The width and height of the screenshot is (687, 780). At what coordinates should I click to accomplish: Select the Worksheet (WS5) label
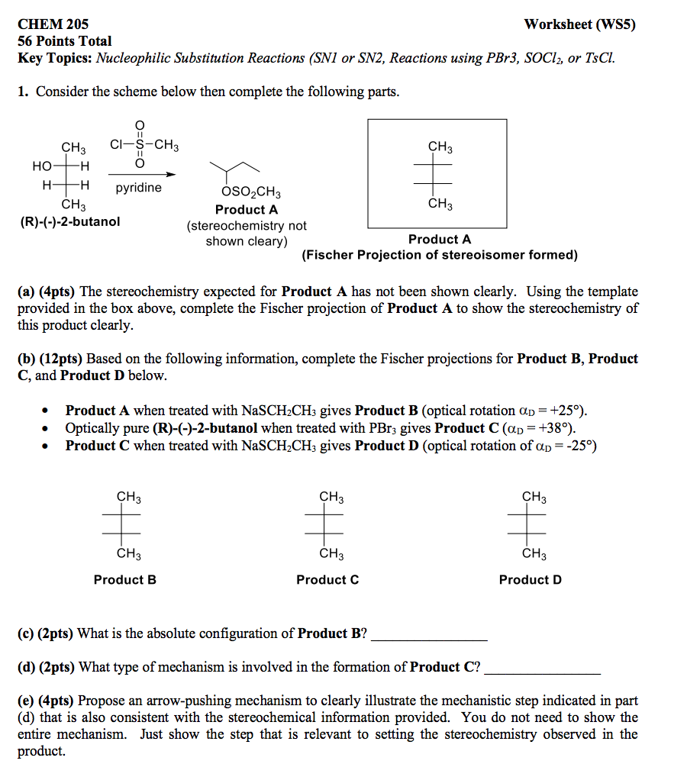click(x=579, y=24)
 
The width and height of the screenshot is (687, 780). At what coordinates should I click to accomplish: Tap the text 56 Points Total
click(x=65, y=41)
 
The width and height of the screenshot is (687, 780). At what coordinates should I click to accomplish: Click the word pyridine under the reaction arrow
click(x=138, y=188)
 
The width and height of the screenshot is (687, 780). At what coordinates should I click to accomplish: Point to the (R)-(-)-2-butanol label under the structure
click(x=70, y=222)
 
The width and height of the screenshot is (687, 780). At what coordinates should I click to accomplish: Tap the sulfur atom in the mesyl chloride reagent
click(x=139, y=144)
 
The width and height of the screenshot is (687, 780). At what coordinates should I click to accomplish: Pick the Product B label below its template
click(x=125, y=580)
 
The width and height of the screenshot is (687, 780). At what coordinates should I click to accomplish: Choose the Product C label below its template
click(x=327, y=580)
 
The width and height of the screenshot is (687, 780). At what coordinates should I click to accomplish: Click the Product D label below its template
click(x=531, y=580)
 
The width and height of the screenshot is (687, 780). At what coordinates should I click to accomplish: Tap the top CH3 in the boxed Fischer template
click(x=440, y=146)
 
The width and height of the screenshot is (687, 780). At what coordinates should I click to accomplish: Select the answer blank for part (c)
click(x=429, y=636)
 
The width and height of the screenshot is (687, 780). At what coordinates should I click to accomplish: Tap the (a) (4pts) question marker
click(x=47, y=292)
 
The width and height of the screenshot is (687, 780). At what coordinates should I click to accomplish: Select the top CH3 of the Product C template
click(x=331, y=498)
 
